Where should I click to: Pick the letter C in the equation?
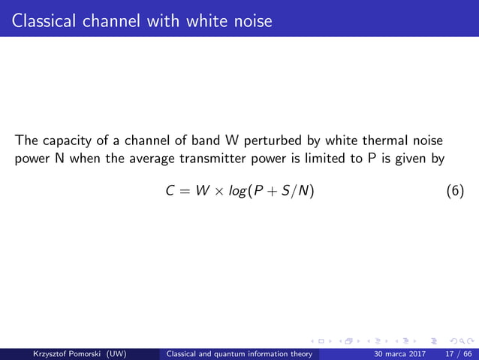(170, 192)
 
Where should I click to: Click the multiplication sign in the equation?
(218, 192)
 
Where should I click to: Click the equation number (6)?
(455, 192)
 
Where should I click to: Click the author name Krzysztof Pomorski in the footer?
(62, 353)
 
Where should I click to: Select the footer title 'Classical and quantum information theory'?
(243, 353)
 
